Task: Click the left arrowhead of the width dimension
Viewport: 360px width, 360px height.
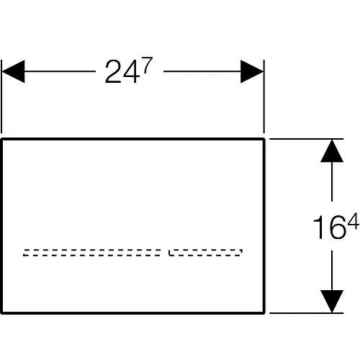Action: pyautogui.click(x=13, y=71)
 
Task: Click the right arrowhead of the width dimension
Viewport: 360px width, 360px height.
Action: pyautogui.click(x=252, y=71)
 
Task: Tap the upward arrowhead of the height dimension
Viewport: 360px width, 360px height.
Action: pyautogui.click(x=332, y=151)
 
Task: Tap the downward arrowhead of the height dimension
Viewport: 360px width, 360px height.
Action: pyautogui.click(x=332, y=301)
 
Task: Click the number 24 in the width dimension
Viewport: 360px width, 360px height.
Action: pyautogui.click(x=122, y=72)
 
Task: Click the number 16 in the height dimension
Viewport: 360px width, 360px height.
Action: pyautogui.click(x=330, y=227)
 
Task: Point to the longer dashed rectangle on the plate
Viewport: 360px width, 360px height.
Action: pyautogui.click(x=92, y=253)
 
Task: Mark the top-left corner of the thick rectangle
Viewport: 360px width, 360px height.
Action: pyautogui.click(x=1, y=139)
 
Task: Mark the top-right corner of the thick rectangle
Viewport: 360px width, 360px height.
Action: pyautogui.click(x=264, y=139)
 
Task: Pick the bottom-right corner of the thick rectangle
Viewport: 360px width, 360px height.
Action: pyautogui.click(x=264, y=312)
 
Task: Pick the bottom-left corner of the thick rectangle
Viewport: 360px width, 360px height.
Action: pyautogui.click(x=1, y=312)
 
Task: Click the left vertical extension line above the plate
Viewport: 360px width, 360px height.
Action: pyautogui.click(x=1, y=96)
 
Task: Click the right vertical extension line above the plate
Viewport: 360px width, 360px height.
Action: pyautogui.click(x=264, y=96)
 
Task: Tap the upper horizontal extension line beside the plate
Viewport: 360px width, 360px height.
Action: pyautogui.click(x=306, y=139)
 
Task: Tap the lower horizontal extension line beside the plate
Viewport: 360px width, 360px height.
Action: pyautogui.click(x=306, y=313)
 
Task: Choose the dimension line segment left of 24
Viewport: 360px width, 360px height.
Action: pyautogui.click(x=60, y=71)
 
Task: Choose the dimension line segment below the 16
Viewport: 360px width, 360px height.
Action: pyautogui.click(x=332, y=271)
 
